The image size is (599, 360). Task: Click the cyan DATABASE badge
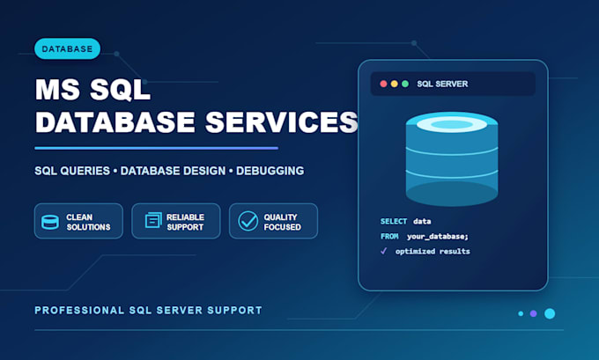coord(67,49)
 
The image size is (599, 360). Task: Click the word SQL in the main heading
coord(121,90)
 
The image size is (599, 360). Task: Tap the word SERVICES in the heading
coord(281,122)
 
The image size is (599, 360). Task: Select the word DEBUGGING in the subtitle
coord(270,171)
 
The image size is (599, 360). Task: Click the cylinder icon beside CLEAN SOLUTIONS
coord(50,222)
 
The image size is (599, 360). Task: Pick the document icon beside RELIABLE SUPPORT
coord(153,220)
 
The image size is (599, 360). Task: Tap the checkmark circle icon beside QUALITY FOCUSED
coord(248,221)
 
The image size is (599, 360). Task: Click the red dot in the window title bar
coord(383,84)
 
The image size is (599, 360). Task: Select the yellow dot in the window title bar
coord(395,84)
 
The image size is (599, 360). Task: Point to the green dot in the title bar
coord(405,84)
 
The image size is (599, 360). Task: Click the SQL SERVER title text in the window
coord(442,84)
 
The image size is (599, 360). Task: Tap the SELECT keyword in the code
coord(394,222)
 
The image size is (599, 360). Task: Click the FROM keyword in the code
coord(389,236)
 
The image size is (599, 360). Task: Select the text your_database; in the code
coord(438,237)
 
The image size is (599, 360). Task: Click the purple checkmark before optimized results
coord(383,251)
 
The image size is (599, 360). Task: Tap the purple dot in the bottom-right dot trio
coord(533,313)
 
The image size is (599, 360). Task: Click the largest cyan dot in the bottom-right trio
coord(550,313)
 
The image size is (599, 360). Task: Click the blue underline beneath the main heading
coord(156,148)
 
